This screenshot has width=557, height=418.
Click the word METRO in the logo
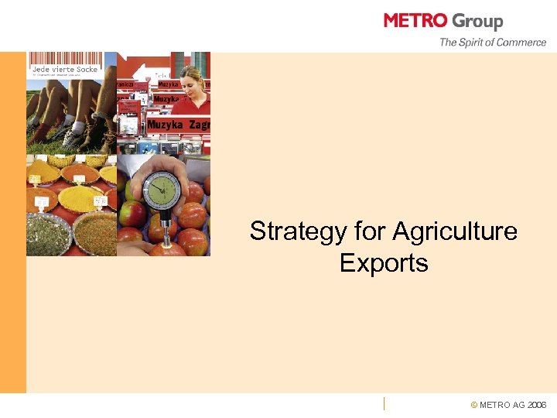415,21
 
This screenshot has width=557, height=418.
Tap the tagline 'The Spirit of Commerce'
493,43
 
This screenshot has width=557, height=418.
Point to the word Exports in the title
384,263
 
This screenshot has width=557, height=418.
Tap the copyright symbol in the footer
474,405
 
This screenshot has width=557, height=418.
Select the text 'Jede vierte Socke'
65,70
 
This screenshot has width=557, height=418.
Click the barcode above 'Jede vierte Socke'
66,59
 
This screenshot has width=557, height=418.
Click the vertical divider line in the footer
384,403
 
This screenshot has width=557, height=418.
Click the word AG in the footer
518,405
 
